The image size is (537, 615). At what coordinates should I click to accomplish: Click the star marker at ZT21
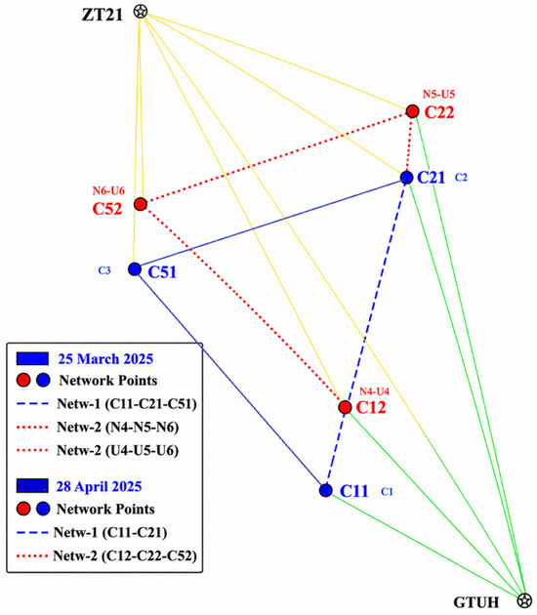(140, 12)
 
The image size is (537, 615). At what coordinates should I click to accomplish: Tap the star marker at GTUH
(523, 600)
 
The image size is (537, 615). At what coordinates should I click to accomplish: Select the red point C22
(412, 111)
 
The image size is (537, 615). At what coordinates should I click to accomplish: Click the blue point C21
(407, 178)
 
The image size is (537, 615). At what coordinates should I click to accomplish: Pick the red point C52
(141, 204)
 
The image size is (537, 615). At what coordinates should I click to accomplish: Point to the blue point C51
(135, 269)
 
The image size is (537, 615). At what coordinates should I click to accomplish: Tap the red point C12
(346, 407)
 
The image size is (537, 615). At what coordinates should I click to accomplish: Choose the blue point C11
(325, 490)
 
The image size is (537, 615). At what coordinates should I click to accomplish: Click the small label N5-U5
(438, 95)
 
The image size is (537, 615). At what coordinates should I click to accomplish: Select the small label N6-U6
(108, 191)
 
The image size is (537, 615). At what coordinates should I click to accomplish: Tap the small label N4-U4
(374, 391)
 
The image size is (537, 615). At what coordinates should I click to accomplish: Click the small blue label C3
(104, 270)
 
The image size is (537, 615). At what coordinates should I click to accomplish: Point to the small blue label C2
(461, 178)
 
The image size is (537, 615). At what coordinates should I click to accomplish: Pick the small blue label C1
(387, 491)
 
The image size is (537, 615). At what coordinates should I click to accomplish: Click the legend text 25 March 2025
(105, 359)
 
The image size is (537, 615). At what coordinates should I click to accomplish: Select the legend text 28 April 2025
(100, 486)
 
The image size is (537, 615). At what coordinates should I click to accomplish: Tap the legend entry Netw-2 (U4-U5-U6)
(98, 450)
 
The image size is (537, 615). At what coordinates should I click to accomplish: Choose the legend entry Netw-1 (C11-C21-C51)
(106, 403)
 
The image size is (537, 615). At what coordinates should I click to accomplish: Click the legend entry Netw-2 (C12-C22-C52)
(106, 555)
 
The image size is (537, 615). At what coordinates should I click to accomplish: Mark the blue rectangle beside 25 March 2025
(32, 358)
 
